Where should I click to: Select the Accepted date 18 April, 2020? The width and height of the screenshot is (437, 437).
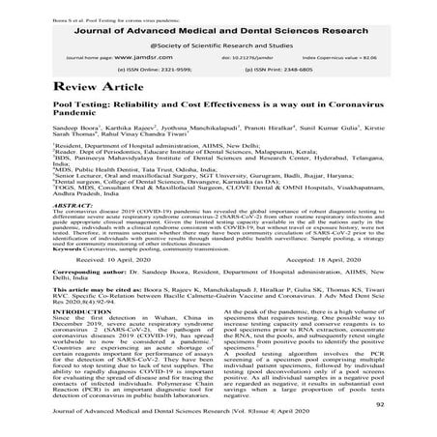coord(330,287)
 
